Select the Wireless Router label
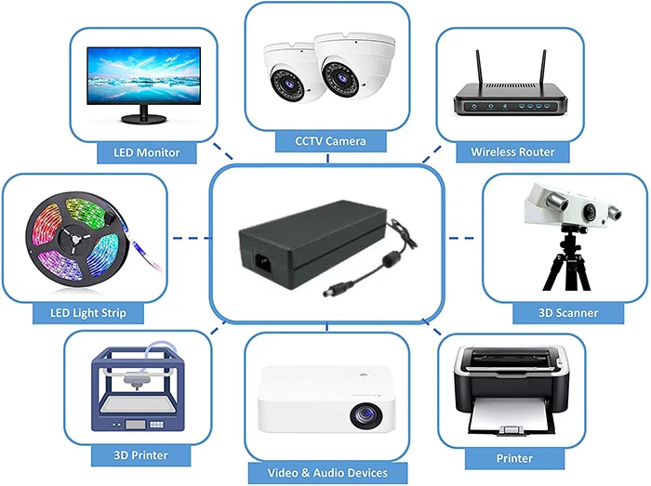(512, 151)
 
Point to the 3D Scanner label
(567, 313)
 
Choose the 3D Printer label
(128, 455)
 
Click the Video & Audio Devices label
(325, 473)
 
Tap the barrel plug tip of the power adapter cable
(328, 291)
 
